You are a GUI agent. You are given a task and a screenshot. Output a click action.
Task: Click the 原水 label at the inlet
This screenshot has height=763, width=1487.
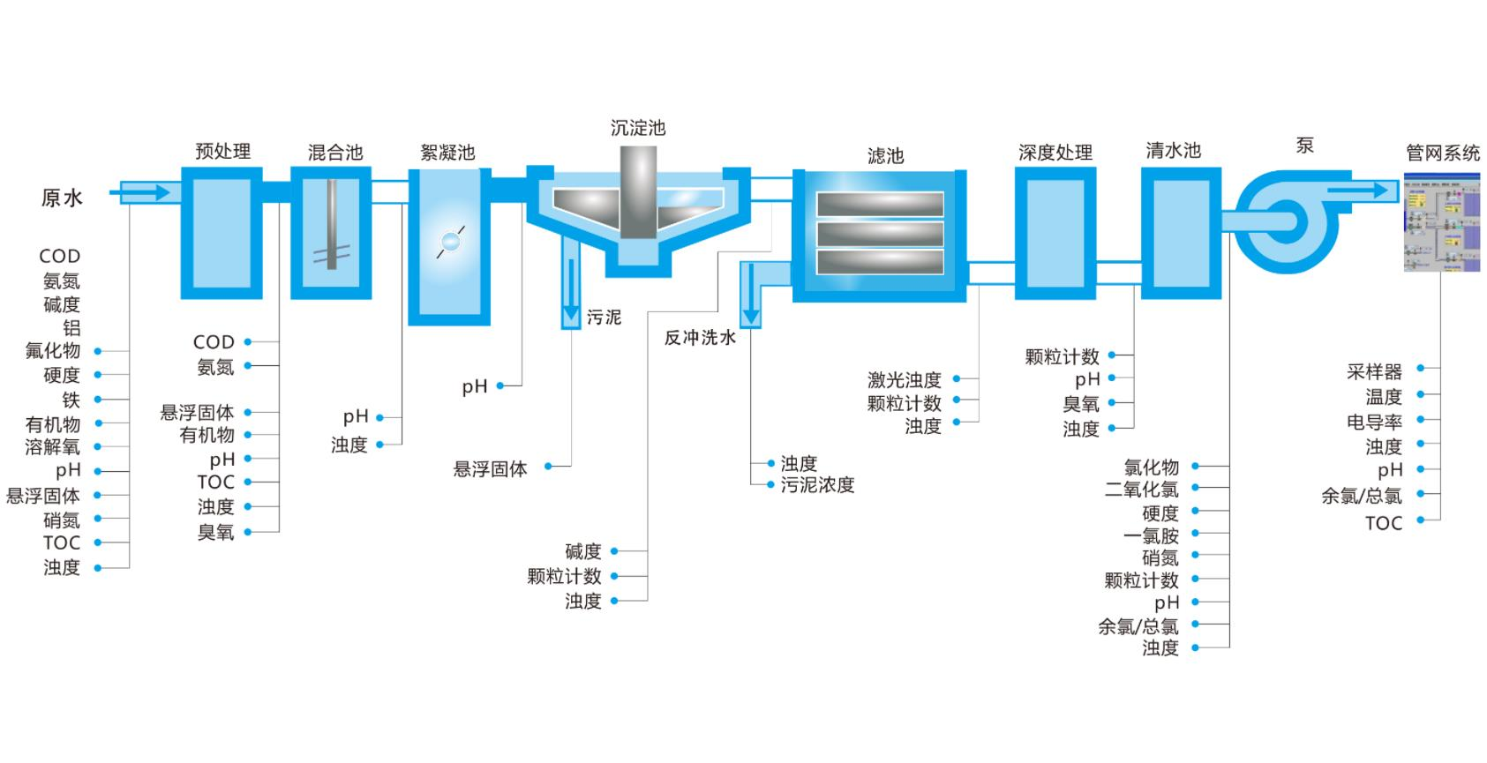click(62, 198)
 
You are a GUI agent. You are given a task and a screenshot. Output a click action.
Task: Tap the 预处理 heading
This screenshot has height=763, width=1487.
click(222, 151)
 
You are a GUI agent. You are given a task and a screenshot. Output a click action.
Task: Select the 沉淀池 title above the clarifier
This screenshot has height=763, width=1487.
click(637, 128)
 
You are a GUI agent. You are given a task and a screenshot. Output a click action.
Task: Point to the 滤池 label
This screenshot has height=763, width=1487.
click(885, 156)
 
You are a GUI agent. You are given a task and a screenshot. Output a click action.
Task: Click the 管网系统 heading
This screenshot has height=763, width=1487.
click(1442, 153)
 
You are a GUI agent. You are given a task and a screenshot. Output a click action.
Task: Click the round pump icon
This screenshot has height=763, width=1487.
click(1286, 221)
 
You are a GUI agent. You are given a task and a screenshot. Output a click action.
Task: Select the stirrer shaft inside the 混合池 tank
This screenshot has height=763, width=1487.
click(332, 224)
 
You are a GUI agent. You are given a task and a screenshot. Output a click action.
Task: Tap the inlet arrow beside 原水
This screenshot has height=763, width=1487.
click(145, 191)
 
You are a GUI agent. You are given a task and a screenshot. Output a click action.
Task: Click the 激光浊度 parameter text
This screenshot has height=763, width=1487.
click(904, 380)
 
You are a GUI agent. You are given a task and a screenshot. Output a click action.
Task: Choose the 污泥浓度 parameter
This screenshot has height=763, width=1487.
click(817, 485)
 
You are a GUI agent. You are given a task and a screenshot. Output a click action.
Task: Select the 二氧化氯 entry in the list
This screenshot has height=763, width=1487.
click(1141, 490)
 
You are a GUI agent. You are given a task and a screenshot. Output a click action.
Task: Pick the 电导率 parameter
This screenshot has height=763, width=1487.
click(1374, 422)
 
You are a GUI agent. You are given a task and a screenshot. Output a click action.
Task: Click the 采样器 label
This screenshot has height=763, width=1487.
click(1374, 371)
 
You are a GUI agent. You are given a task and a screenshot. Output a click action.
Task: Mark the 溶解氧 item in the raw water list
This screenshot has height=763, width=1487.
click(52, 447)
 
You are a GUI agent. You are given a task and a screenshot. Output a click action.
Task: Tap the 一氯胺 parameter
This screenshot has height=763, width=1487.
click(1151, 535)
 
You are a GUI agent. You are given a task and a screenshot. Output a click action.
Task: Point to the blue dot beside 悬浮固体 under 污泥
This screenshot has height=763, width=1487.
click(548, 466)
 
